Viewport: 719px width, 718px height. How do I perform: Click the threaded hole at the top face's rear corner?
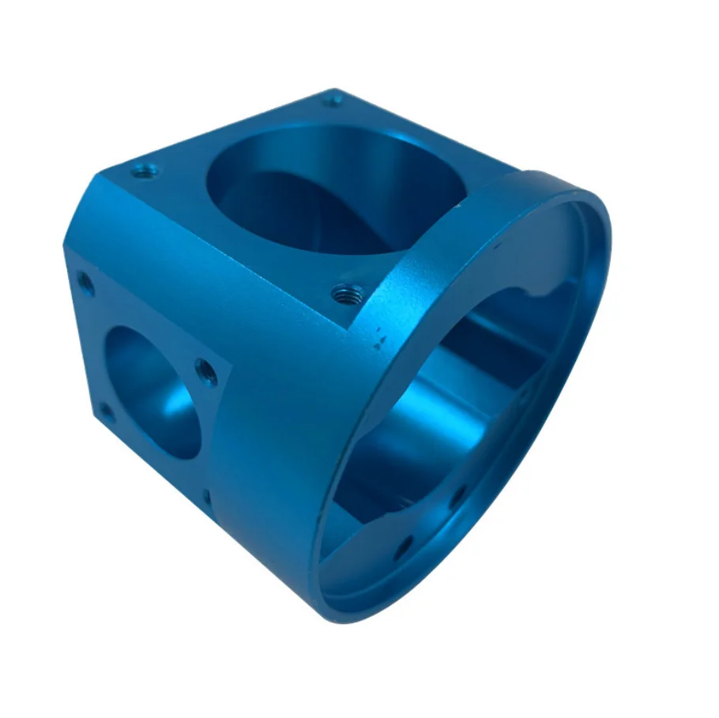point(333,100)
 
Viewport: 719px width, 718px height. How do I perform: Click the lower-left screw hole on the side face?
point(104,411)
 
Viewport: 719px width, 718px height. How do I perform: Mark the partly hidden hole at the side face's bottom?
point(207,498)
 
